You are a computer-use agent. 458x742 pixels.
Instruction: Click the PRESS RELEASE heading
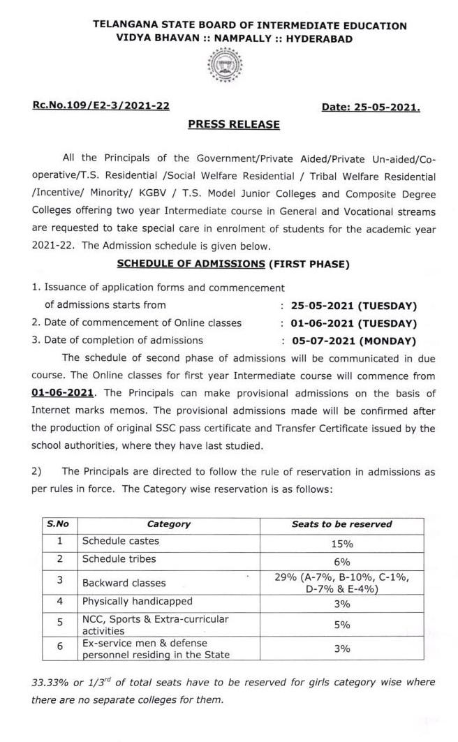234,124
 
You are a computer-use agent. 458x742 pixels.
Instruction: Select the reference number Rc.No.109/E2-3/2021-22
100,106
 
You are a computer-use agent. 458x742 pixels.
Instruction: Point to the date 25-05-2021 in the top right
371,107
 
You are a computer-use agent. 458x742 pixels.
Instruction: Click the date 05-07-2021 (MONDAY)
348,341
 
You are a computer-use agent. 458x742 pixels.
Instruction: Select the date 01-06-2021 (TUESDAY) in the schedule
348,323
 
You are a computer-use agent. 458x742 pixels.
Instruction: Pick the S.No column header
59,524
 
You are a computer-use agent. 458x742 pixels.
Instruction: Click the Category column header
168,524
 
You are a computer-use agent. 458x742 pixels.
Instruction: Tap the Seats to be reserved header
341,524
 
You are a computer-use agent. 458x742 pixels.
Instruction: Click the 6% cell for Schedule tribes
341,561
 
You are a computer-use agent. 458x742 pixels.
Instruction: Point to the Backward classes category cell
124,583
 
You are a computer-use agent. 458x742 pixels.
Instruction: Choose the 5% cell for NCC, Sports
341,625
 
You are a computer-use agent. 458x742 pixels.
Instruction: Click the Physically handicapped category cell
138,601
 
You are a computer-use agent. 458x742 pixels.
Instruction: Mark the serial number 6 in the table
59,647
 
